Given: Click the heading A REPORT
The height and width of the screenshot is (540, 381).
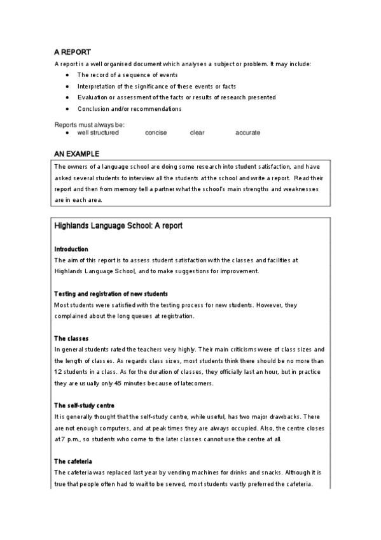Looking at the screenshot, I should pyautogui.click(x=73, y=53).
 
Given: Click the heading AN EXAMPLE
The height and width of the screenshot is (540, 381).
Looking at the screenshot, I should pyautogui.click(x=76, y=153).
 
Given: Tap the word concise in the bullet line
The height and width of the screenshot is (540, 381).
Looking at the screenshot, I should pyautogui.click(x=156, y=132).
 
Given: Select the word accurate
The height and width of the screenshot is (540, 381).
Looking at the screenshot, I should pyautogui.click(x=247, y=132).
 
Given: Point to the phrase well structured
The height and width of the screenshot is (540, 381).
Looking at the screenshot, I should pyautogui.click(x=98, y=132).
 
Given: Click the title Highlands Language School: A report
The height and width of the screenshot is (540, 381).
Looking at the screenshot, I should pyautogui.click(x=119, y=225).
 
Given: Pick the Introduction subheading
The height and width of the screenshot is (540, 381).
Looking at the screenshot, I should pyautogui.click(x=71, y=249).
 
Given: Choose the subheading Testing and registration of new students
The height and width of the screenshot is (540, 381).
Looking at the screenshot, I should pyautogui.click(x=111, y=294).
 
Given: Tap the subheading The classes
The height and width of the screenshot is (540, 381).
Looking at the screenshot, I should pyautogui.click(x=71, y=338).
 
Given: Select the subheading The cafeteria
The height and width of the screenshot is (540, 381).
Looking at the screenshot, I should pyautogui.click(x=74, y=461).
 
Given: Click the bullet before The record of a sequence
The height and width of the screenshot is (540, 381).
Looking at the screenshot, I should pyautogui.click(x=67, y=75).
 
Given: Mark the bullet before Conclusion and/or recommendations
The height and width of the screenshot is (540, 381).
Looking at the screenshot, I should pyautogui.click(x=67, y=109).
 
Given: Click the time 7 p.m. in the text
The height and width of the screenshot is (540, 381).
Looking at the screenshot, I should pyautogui.click(x=69, y=439).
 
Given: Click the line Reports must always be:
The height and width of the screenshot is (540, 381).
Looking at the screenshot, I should pyautogui.click(x=89, y=125).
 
